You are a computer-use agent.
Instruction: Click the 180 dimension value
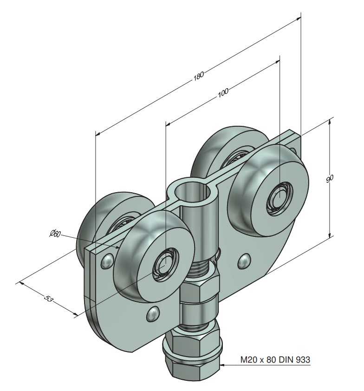click(x=199, y=75)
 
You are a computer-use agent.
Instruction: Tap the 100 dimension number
click(x=223, y=92)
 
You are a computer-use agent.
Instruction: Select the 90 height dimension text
click(x=330, y=178)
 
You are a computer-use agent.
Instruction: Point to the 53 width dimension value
click(x=48, y=298)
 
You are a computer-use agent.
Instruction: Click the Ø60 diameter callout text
click(x=55, y=234)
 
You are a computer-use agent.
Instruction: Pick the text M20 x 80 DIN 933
click(x=275, y=359)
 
